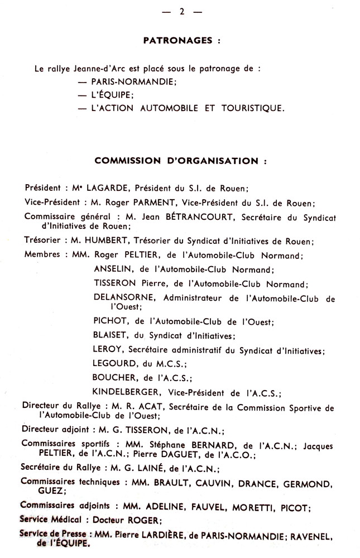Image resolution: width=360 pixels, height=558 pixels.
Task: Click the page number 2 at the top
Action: click(x=181, y=11)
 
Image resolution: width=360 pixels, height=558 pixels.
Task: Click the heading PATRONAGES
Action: click(x=177, y=40)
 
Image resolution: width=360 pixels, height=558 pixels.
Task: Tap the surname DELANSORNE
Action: click(x=125, y=298)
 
